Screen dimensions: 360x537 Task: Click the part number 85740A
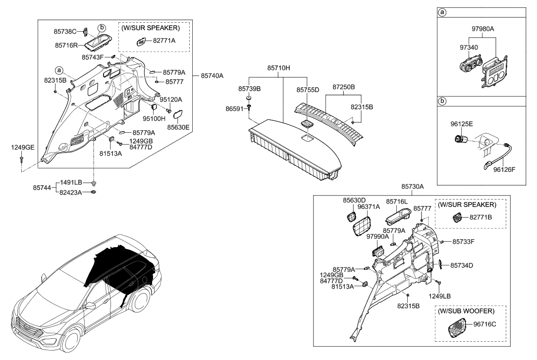tap(212, 76)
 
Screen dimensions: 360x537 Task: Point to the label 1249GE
tap(23, 147)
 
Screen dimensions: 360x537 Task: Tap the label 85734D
tap(462, 265)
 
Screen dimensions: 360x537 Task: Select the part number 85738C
tap(65, 31)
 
